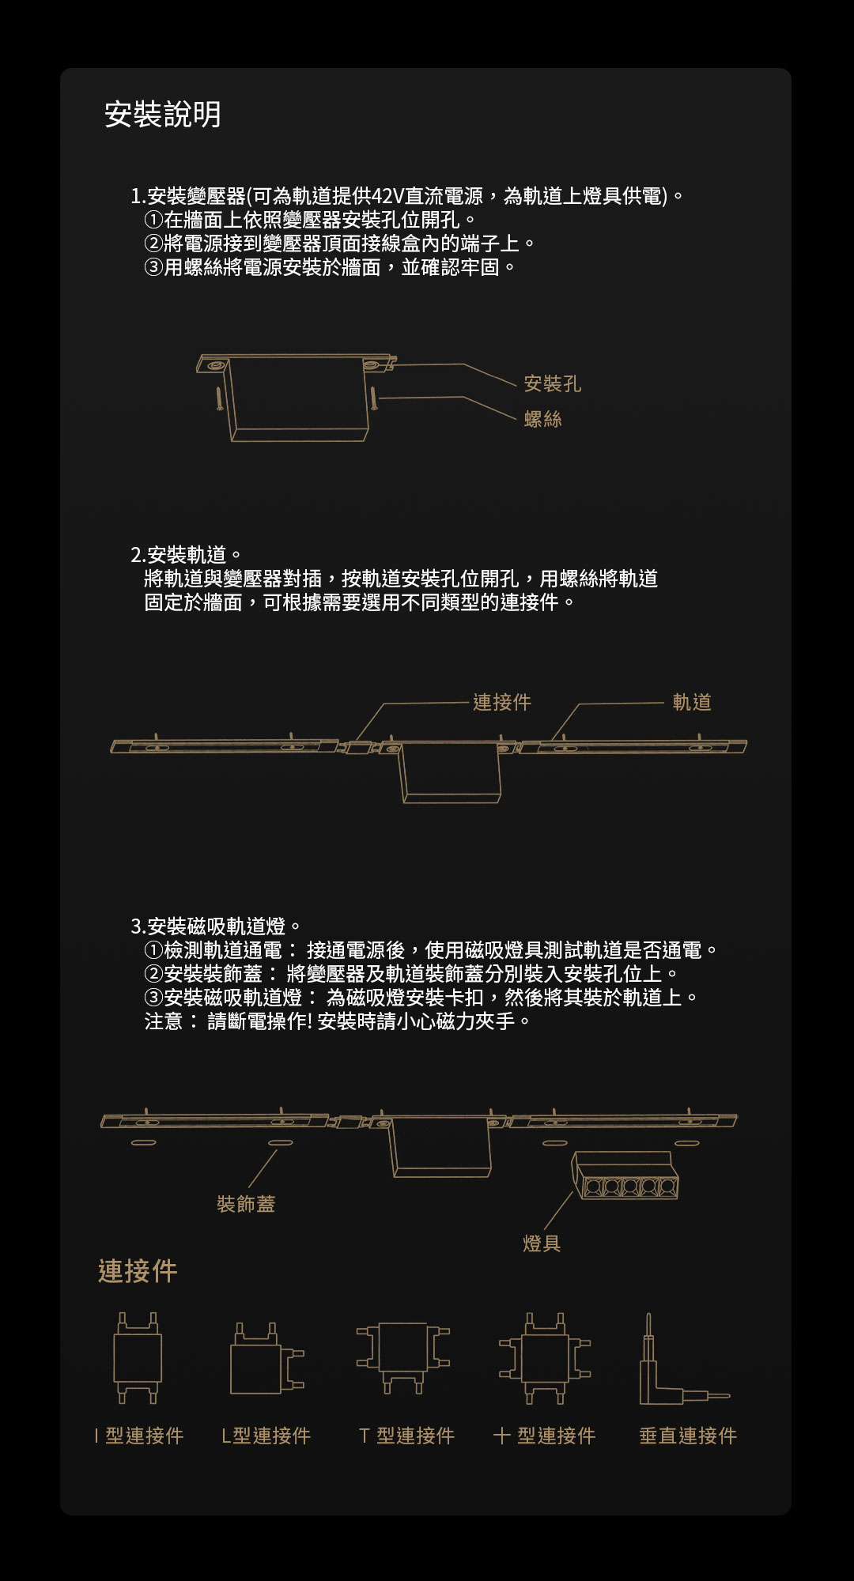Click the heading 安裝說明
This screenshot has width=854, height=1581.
[x=163, y=115]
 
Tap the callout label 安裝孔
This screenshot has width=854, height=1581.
[x=553, y=384]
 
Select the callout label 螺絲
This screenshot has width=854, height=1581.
[x=543, y=419]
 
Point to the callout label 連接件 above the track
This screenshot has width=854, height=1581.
[x=502, y=702]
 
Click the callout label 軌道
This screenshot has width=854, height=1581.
[x=692, y=702]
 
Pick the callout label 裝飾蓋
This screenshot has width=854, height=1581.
[x=246, y=1204]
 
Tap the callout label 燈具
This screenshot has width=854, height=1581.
[x=542, y=1243]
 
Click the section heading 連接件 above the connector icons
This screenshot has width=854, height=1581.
[x=138, y=1271]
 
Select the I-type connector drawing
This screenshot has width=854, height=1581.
[x=138, y=1358]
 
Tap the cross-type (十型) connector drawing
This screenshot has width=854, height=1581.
[x=545, y=1358]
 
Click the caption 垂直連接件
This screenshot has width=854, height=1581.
[x=688, y=1436]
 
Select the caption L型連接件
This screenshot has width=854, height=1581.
[x=266, y=1436]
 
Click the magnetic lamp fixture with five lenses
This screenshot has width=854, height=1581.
[x=625, y=1175]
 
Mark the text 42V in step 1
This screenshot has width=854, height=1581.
[x=387, y=196]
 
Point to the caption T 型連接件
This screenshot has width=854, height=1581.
[x=406, y=1436]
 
